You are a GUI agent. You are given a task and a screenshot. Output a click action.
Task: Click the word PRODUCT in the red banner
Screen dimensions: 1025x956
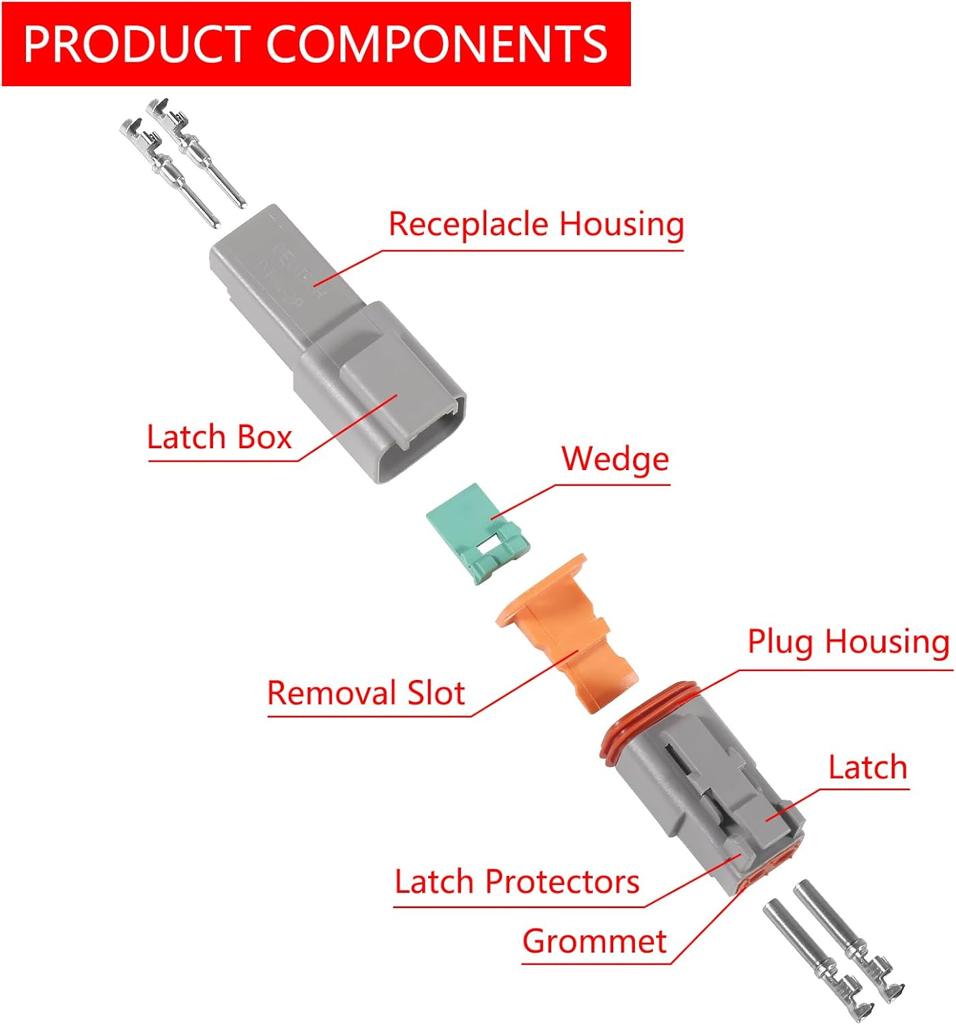(137, 44)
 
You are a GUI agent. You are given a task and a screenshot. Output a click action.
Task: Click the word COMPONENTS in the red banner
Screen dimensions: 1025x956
(436, 44)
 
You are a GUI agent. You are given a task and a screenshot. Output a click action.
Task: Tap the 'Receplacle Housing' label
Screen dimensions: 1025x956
(536, 224)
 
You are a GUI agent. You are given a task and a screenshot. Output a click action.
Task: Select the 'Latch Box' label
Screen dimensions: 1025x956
(219, 437)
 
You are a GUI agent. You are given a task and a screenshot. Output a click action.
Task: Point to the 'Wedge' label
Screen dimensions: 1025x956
(615, 459)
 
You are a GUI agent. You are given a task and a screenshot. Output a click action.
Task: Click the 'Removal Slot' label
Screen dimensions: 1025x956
(366, 693)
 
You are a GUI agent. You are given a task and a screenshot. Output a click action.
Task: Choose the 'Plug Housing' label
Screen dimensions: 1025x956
(848, 642)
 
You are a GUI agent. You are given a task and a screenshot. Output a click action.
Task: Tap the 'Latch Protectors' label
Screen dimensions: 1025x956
(517, 881)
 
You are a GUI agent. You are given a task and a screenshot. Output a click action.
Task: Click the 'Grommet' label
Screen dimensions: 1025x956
(594, 942)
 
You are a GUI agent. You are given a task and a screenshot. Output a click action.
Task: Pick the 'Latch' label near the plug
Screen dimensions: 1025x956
(867, 767)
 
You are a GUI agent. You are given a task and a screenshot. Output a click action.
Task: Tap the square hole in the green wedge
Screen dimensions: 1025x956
(489, 545)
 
